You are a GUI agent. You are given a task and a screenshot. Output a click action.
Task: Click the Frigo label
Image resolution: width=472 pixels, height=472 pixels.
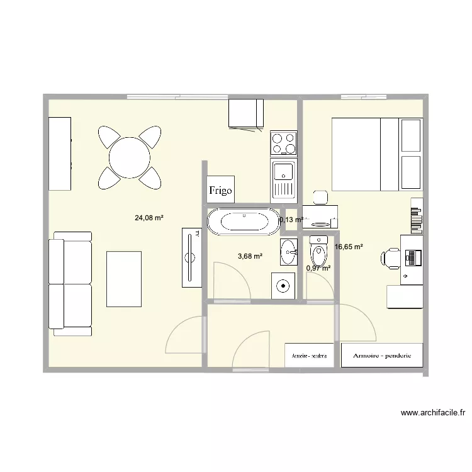pos(221,189)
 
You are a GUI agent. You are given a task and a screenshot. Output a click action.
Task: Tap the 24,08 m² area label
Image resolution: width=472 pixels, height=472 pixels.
pos(149,218)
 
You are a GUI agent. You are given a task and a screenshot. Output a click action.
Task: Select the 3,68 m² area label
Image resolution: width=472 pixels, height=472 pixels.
pos(250,256)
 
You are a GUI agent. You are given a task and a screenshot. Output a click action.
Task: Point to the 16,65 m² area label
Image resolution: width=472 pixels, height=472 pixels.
pos(349,247)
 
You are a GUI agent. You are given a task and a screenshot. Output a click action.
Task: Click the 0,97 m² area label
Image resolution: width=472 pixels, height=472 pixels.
pos(318,269)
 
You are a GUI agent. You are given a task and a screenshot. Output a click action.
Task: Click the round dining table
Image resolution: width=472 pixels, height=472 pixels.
pos(130,158)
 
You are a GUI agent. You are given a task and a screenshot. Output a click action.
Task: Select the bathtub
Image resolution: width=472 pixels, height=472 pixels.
pos(242,222)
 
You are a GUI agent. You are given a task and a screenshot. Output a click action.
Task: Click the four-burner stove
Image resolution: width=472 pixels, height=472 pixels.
pos(283,143)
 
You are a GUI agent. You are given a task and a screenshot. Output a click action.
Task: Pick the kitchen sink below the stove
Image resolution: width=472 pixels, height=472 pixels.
pos(283,177)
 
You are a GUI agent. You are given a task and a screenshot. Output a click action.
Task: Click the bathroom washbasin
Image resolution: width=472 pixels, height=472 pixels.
pos(289,252)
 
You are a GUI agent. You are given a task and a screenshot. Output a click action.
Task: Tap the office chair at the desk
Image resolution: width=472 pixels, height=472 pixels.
pos(391,258)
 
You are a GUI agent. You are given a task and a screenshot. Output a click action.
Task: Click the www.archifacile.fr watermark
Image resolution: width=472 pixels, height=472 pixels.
pos(433,413)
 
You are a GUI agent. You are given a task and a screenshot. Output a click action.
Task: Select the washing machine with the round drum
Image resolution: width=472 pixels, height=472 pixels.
pos(284,286)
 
